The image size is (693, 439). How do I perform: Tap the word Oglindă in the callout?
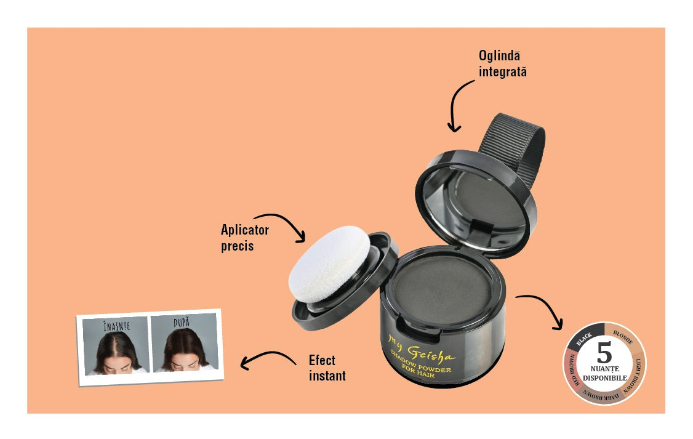tap(499, 55)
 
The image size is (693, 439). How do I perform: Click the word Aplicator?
tap(245, 230)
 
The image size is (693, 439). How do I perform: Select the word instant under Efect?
tap(327, 376)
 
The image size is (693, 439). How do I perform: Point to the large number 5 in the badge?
tap(604, 352)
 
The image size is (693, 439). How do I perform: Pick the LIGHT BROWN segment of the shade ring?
tap(636, 376)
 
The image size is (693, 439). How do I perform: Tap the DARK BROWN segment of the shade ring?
tap(601, 397)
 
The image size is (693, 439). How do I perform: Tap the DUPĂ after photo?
tap(185, 342)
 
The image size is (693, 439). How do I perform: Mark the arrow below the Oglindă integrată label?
tap(455, 102)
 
